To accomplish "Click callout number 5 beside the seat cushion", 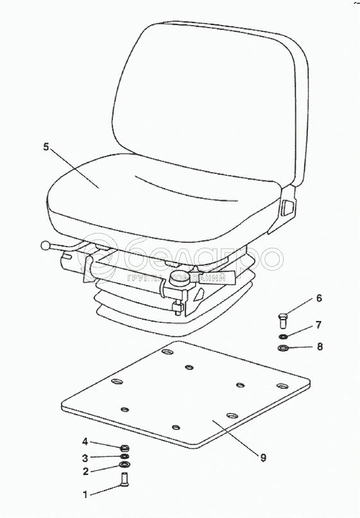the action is coord(46,146).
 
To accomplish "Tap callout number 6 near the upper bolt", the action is coord(319,298).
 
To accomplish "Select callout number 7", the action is coord(318,325).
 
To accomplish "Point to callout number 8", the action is coord(320,347).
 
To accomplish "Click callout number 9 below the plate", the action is coord(263,458).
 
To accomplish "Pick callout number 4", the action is coord(85,442).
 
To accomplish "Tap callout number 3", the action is coord(85,458).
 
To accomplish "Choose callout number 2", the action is coord(85,471).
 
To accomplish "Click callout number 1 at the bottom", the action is coord(85,494).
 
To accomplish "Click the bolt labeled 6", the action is coord(282,320).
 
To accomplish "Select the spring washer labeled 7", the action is coord(283,336).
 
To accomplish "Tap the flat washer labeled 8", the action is coord(283,348).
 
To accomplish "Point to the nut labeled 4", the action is coord(124,448).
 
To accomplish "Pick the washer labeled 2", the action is coord(124,465).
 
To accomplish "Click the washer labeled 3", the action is coord(124,456).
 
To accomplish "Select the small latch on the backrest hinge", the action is coord(287,209).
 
